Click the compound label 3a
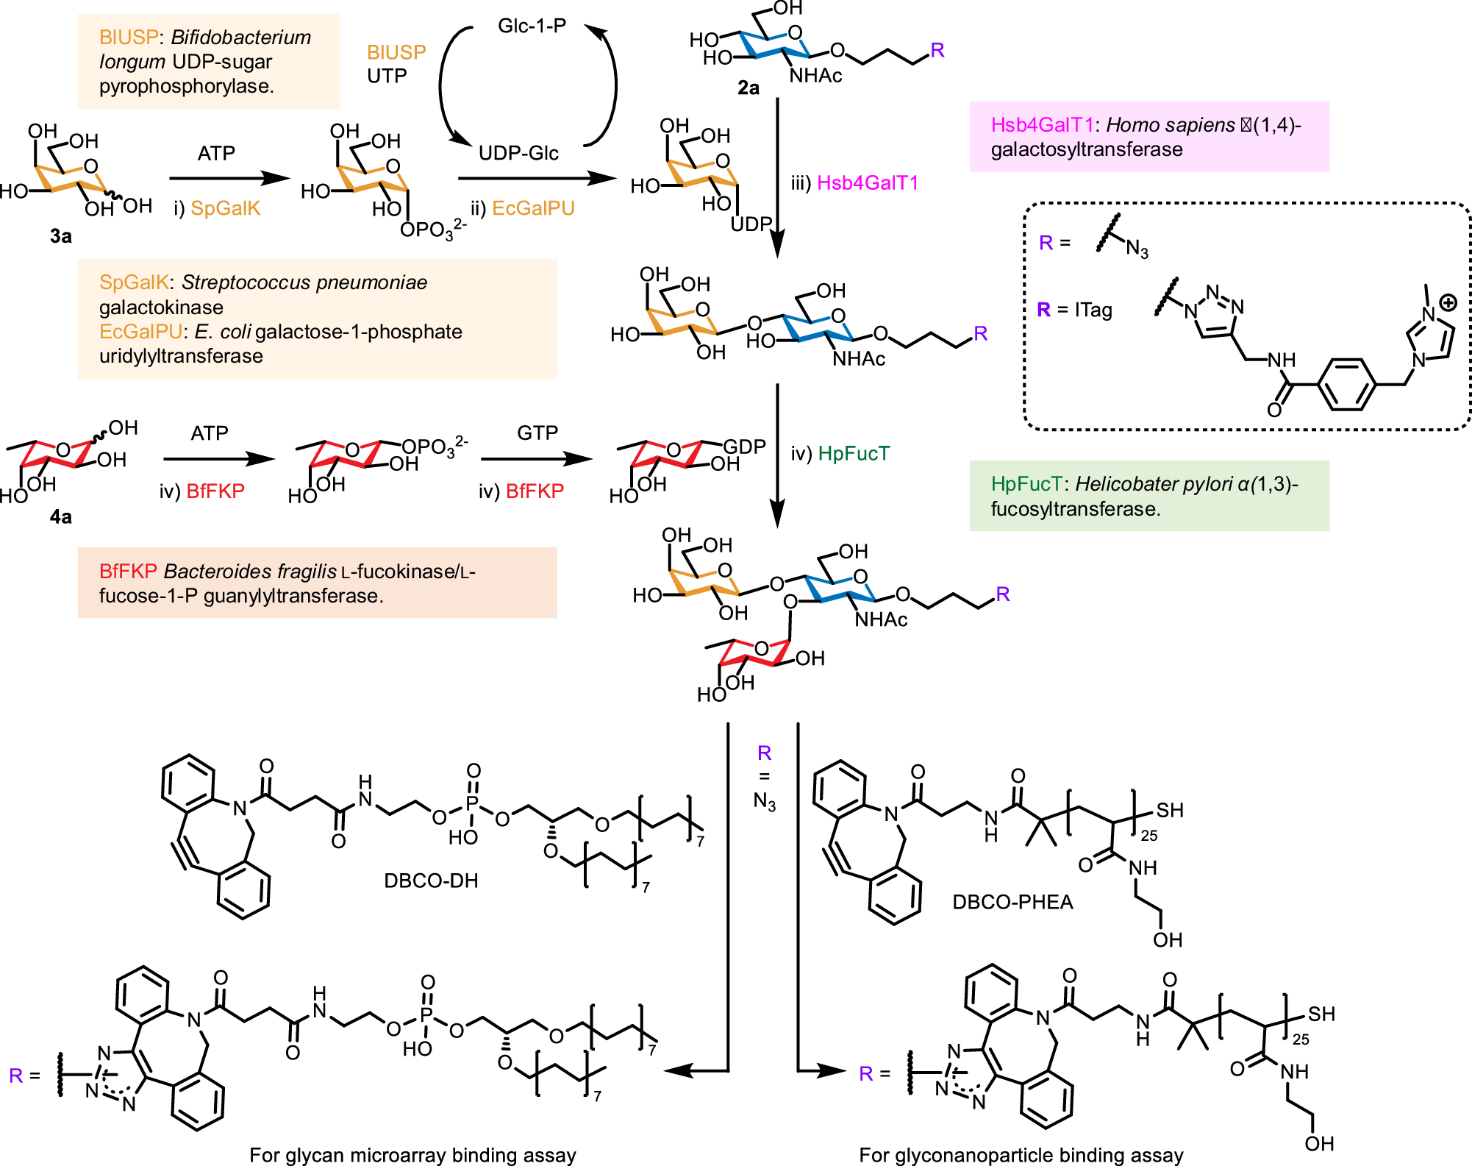pos(60,236)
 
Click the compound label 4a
pos(60,517)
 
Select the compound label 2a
pos(748,88)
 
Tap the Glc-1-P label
pos(532,26)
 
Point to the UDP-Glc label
pos(518,153)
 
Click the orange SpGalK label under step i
pos(225,208)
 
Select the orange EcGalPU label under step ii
pos(533,208)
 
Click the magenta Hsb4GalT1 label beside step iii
pos(868,182)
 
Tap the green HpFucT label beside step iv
pos(854,453)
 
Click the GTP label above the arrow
pos(537,433)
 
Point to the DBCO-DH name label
pos(431,881)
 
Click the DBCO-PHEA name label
pos(1012,902)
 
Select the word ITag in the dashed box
pos(1093,310)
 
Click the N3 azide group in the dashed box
pos(1136,249)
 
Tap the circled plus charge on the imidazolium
pos(1447,302)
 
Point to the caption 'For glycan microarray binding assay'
pos(412,1155)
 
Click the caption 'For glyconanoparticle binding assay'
pos(1021,1155)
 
